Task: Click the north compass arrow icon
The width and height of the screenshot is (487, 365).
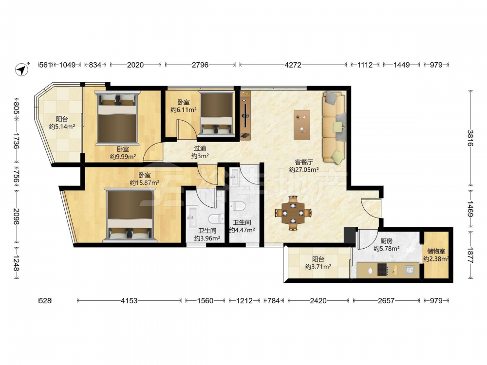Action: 22,69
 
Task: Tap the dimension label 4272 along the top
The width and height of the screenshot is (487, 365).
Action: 293,65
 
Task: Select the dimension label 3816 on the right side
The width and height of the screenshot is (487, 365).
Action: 470,138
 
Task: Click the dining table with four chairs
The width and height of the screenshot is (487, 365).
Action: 293,213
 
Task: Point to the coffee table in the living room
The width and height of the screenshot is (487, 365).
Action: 302,125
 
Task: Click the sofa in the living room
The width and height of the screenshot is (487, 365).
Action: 335,127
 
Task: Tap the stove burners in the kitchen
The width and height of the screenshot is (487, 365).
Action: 382,270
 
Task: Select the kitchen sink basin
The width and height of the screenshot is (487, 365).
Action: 410,270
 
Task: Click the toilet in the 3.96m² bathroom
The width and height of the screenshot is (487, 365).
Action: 216,219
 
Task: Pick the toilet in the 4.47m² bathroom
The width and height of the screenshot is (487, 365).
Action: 238,206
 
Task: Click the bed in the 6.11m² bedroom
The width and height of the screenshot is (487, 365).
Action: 216,114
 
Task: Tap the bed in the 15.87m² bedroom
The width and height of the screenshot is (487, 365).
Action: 130,216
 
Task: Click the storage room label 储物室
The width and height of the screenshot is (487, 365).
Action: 436,252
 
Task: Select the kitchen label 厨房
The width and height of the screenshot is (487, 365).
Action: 386,241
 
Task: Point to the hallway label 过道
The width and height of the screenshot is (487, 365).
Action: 200,148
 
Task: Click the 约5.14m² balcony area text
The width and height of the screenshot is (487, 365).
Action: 62,127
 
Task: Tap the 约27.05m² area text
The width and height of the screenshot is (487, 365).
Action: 304,170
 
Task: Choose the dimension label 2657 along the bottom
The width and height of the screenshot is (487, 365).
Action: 386,300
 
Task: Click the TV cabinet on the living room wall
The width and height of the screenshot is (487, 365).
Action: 245,115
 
